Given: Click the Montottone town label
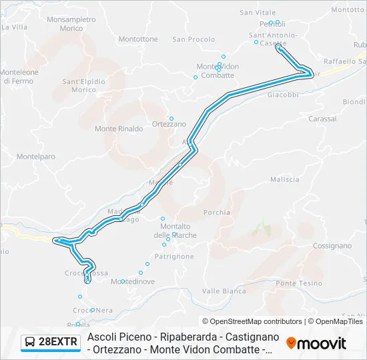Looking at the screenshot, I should [138, 39].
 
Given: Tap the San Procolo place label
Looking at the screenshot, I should [194, 39].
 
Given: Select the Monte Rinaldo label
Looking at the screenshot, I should [119, 129].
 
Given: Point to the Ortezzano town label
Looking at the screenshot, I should [169, 124].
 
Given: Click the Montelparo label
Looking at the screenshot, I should [35, 157].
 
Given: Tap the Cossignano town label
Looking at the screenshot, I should [331, 245].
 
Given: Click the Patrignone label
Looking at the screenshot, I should [174, 256].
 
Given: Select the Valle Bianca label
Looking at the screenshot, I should [224, 291].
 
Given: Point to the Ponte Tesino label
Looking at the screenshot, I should [299, 283].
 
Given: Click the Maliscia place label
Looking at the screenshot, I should [284, 179].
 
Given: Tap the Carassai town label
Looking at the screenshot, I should [323, 119].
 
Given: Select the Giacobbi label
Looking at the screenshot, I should [283, 95].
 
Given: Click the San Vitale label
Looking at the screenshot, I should [258, 12].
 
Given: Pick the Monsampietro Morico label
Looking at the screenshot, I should [71, 25].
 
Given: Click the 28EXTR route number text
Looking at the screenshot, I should [59, 343].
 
